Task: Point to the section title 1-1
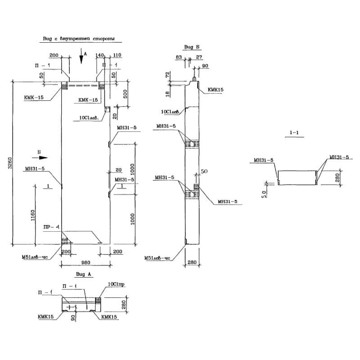295,133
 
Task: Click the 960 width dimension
85,262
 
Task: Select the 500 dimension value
126,94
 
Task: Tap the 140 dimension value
100,55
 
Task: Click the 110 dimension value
117,55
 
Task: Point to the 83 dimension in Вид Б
179,57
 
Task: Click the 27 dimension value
199,57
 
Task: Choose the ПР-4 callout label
50,227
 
